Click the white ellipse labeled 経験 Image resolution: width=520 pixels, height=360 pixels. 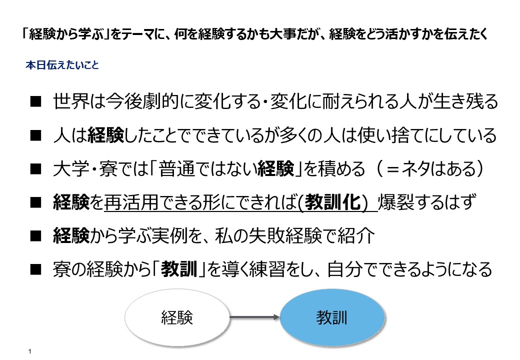click(177, 317)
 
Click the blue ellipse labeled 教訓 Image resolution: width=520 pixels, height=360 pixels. click(332, 317)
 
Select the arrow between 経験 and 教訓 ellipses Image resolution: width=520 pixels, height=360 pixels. click(254, 317)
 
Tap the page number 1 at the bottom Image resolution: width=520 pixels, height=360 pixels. click(30, 351)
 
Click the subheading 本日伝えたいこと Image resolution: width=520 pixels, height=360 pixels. click(62, 64)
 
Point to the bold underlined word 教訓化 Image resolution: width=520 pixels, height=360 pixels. click(332, 202)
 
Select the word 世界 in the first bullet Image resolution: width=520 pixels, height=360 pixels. click(70, 101)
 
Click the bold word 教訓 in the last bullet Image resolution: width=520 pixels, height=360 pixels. click(179, 269)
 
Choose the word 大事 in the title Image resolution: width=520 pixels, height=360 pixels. click(284, 34)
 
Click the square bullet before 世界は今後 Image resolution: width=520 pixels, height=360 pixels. click(35, 101)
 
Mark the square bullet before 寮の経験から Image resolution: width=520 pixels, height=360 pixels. click(35, 269)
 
